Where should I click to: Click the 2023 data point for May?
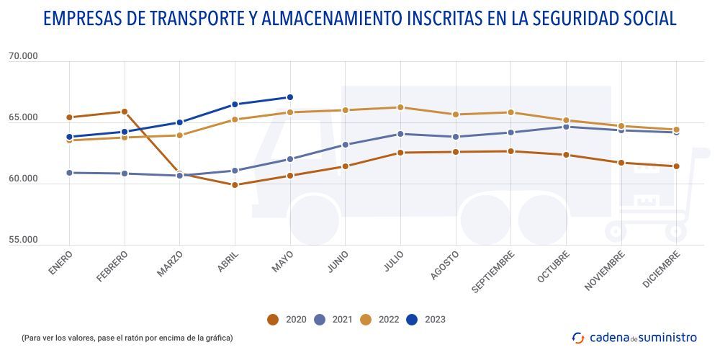click(289, 97)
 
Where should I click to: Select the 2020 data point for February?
click(125, 112)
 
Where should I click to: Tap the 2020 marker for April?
click(235, 185)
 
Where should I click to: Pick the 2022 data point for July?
click(400, 107)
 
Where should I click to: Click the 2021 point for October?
click(566, 127)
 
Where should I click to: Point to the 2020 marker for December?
click(676, 166)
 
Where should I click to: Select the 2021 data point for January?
click(69, 173)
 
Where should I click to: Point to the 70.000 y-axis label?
click(23, 56)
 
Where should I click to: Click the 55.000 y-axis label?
click(23, 239)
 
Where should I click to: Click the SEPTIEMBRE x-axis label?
click(494, 271)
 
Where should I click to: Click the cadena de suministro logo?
click(634, 337)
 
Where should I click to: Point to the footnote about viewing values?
click(127, 337)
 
